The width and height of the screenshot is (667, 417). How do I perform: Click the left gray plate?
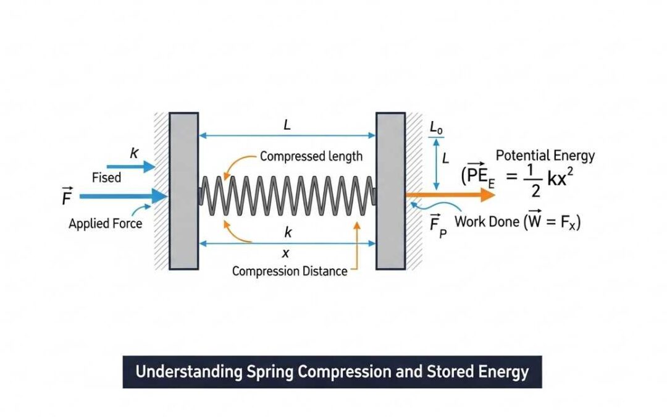click(x=183, y=191)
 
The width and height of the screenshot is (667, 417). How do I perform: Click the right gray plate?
click(x=390, y=191)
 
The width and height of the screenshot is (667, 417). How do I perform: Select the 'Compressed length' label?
click(x=311, y=156)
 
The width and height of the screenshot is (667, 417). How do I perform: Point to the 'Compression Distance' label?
click(x=290, y=271)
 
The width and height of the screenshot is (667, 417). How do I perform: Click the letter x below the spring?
click(x=285, y=254)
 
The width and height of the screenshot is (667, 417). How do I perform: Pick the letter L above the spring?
click(x=287, y=125)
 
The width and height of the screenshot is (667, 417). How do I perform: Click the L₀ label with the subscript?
click(x=436, y=128)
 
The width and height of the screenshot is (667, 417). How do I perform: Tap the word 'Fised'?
click(x=107, y=178)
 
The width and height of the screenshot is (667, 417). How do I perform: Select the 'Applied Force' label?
click(x=105, y=224)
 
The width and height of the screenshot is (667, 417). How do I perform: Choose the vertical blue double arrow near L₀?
click(x=437, y=163)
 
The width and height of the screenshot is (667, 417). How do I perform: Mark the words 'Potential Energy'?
click(x=545, y=156)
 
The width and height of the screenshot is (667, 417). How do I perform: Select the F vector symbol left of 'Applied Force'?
click(x=67, y=197)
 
